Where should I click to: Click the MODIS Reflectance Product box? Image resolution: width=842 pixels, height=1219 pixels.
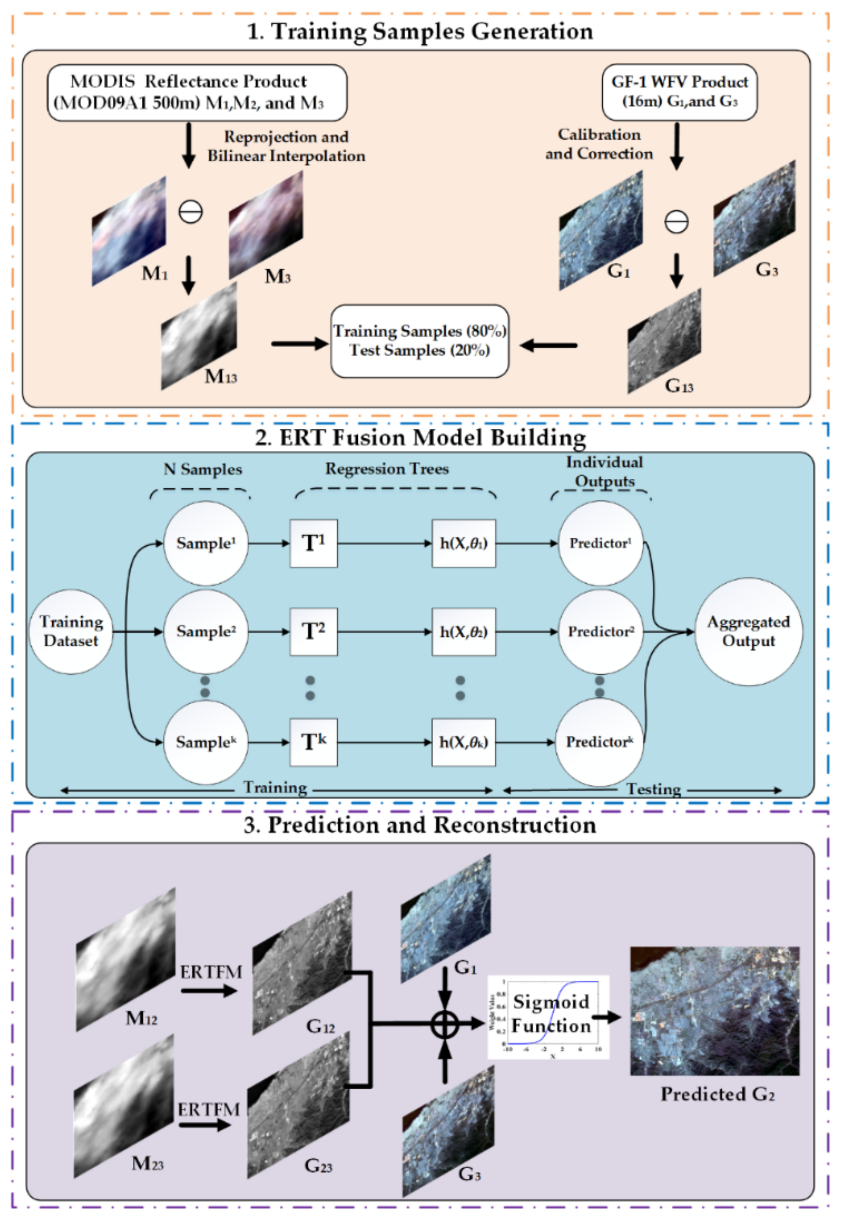click(197, 93)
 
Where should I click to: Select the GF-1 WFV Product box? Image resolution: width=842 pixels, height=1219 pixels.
click(679, 92)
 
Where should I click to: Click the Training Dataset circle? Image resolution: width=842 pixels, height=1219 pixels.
click(71, 631)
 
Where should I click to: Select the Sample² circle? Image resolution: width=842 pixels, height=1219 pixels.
click(206, 631)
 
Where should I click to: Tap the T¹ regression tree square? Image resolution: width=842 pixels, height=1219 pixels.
click(313, 543)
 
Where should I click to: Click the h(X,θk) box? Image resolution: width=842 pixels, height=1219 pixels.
click(463, 742)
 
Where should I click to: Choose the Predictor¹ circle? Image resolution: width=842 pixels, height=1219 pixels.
click(600, 543)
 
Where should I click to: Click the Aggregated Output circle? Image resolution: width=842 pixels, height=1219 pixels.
click(748, 631)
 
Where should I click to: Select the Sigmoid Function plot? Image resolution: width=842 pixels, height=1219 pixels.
click(549, 1017)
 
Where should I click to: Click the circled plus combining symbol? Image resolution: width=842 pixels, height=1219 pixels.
click(444, 1024)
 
